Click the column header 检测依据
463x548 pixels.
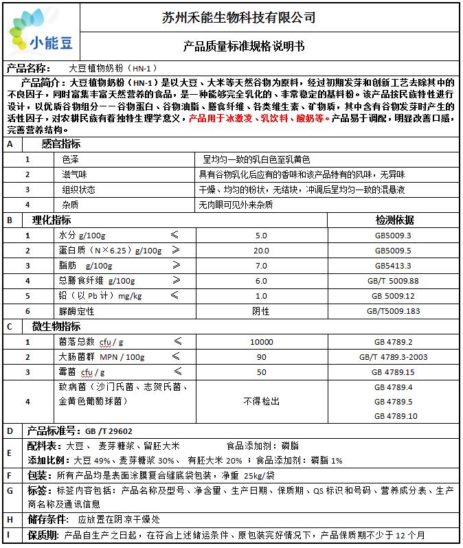[x=394, y=220]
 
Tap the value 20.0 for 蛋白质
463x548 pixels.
[x=261, y=251]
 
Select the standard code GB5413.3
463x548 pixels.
[x=393, y=266]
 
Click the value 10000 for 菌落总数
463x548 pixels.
[x=261, y=341]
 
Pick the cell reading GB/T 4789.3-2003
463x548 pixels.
[x=393, y=356]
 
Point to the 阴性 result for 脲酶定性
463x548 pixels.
[x=261, y=311]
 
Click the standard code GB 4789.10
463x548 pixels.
[x=394, y=416]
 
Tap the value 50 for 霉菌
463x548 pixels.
[x=261, y=372]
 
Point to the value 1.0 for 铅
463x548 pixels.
[x=261, y=296]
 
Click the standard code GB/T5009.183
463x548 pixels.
[x=393, y=311]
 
